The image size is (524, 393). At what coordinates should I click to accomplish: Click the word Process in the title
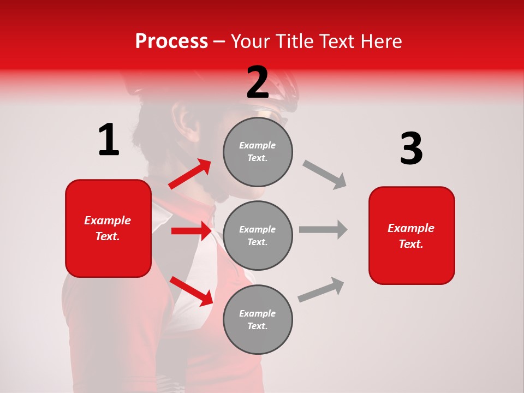tap(171, 41)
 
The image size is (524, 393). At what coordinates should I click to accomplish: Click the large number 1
tap(109, 140)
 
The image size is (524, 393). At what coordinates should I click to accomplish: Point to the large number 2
tap(258, 82)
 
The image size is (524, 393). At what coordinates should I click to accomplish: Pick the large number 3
tap(411, 149)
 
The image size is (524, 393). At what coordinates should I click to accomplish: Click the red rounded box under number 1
tap(108, 228)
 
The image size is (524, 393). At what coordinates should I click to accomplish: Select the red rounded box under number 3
tap(412, 236)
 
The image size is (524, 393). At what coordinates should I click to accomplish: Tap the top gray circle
tap(258, 151)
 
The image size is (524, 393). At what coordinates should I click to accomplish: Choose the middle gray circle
tap(258, 235)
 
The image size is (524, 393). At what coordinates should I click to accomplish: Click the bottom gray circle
tap(258, 319)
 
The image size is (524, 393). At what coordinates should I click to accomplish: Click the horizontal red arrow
tap(190, 231)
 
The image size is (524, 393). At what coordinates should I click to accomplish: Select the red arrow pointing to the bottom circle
tap(191, 291)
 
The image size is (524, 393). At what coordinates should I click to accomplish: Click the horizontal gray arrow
tap(323, 229)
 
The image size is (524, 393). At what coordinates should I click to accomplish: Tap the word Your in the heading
tap(252, 41)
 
